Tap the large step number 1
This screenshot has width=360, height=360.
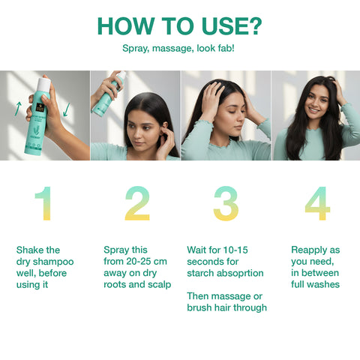43,204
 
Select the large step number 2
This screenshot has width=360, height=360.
136,204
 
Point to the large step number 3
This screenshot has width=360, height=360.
226,204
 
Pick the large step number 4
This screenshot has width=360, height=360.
316,204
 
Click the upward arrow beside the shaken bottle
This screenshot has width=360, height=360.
17,109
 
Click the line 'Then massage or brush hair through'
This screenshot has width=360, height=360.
226,301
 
